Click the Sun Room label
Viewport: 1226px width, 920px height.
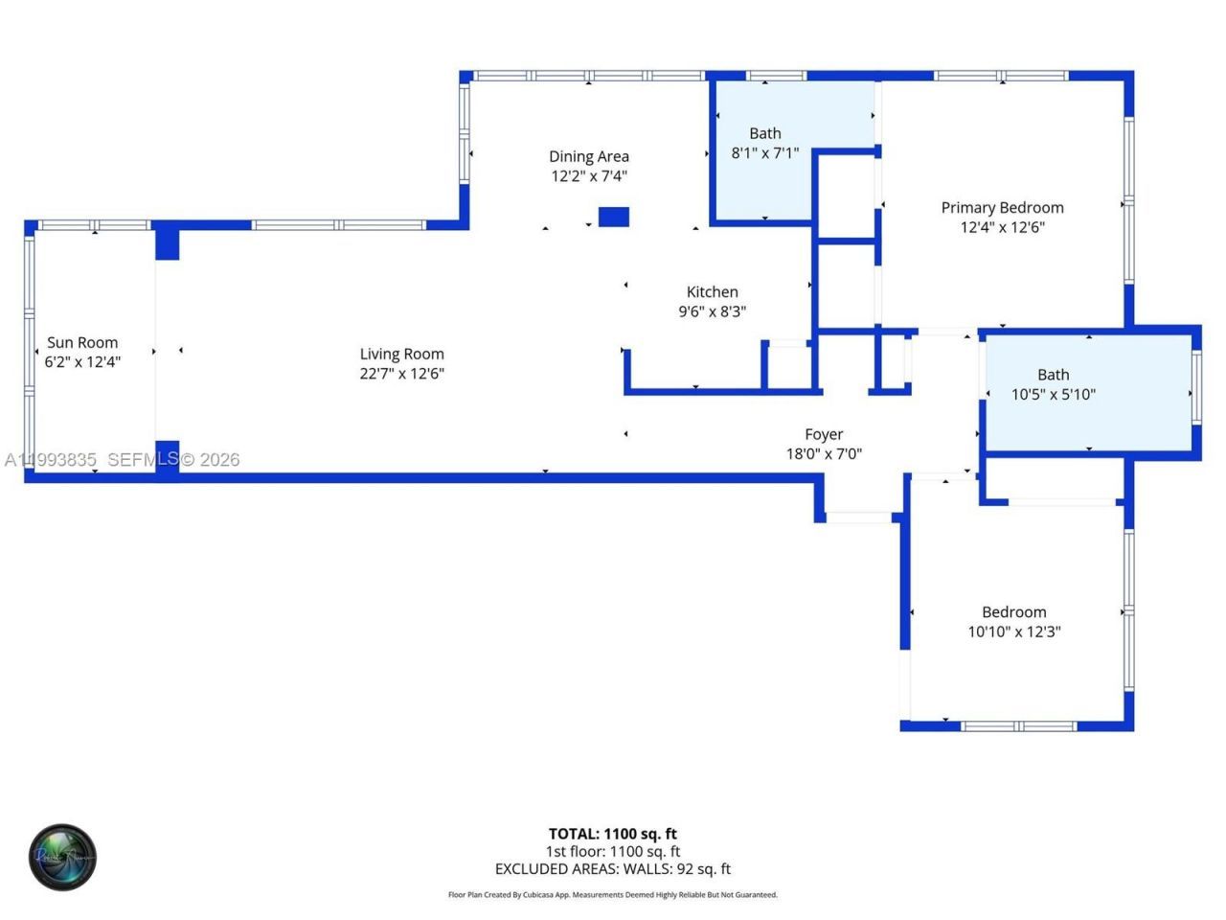click(82, 342)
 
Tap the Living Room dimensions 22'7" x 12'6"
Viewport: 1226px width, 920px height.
click(401, 374)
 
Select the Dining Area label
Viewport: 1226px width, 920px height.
click(588, 156)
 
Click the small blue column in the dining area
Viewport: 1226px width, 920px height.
click(613, 217)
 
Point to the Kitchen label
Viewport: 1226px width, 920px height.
click(712, 292)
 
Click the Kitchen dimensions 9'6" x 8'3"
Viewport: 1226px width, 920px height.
click(712, 311)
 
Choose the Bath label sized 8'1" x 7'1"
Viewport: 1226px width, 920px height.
click(764, 133)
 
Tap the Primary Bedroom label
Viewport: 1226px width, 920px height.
click(1002, 208)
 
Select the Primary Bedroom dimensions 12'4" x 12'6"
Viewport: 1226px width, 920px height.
click(1002, 227)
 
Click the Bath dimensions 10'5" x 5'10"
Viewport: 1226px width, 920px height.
click(1053, 394)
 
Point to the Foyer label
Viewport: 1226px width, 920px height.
click(824, 434)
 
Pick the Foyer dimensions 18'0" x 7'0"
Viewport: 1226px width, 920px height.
click(824, 454)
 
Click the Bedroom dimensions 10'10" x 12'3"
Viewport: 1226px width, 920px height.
click(1013, 632)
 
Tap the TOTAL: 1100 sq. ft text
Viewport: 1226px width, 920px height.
click(612, 834)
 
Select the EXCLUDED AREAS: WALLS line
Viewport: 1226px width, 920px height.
click(612, 869)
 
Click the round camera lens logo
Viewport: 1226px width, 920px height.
click(62, 856)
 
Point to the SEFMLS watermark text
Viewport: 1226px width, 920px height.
click(144, 460)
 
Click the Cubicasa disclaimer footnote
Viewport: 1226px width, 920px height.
click(612, 895)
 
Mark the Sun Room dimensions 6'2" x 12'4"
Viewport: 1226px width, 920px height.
click(82, 362)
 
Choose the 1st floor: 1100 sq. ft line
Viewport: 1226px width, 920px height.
click(612, 851)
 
